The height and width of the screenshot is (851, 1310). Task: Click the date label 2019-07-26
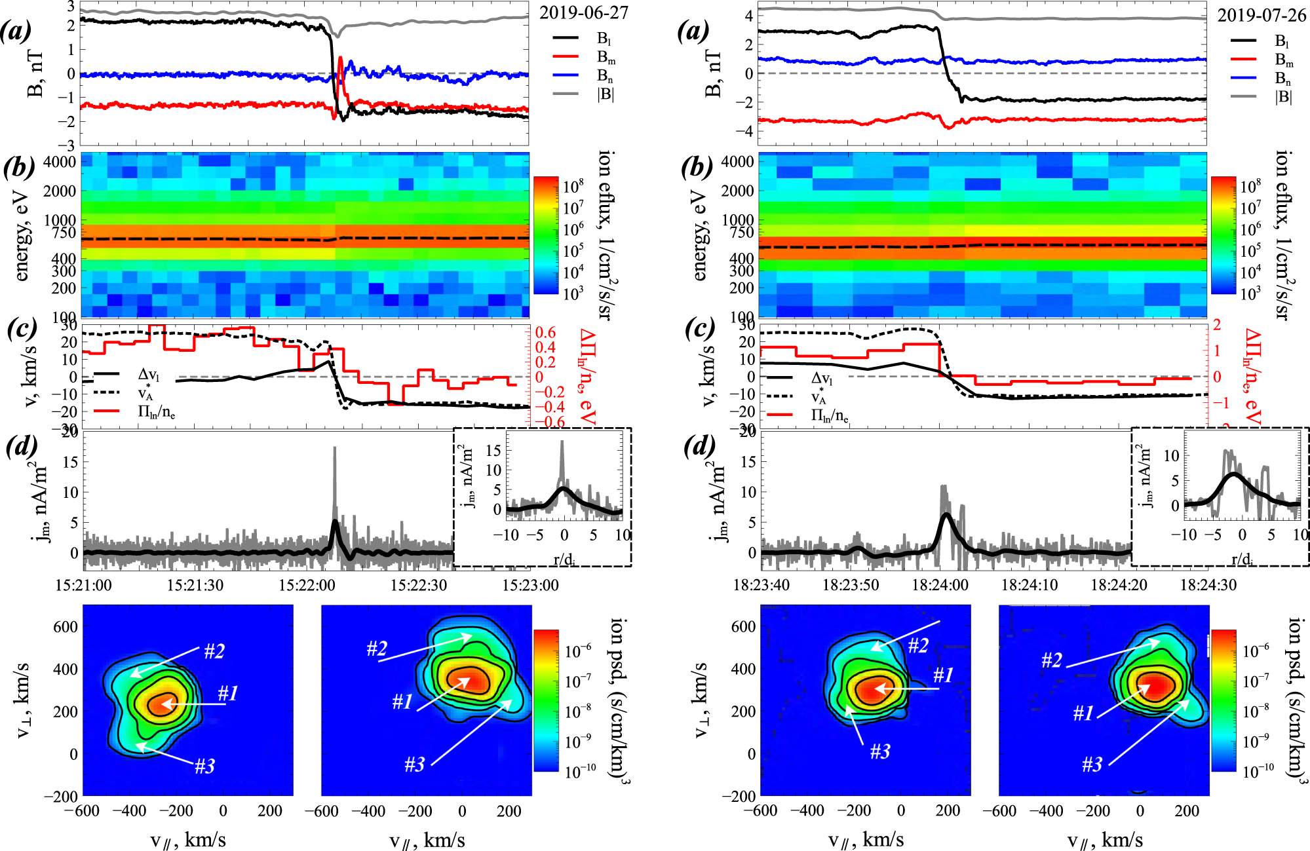1262,16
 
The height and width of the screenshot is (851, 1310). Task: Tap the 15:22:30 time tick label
419,585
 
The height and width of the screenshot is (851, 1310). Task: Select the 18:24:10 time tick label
1030,585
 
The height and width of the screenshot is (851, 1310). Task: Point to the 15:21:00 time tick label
83,585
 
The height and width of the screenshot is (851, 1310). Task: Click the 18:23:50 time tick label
851,585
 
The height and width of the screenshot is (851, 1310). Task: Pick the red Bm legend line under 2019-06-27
566,58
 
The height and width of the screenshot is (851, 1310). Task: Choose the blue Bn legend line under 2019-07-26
1244,77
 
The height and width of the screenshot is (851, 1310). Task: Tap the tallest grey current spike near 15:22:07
335,449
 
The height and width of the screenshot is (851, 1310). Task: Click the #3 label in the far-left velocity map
204,766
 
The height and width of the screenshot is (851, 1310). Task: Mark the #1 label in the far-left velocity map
228,693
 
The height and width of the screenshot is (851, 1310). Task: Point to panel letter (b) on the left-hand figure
19,168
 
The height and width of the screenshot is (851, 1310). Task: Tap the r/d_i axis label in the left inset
564,559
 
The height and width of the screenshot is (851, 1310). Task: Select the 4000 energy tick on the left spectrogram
60,162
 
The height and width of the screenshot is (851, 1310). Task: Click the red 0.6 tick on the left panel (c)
545,333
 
